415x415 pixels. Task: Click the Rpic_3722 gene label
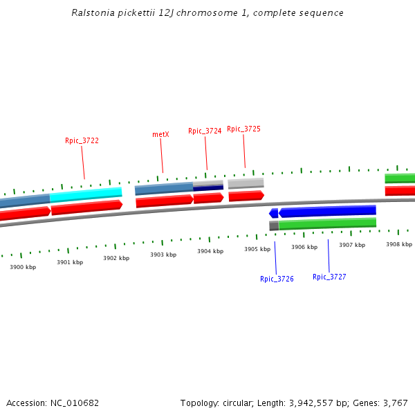[x=82, y=140]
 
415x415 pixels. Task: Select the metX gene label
[x=160, y=134]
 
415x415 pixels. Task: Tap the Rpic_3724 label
[x=205, y=131]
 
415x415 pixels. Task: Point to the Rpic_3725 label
[x=243, y=129]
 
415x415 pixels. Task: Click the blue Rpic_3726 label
[x=277, y=279]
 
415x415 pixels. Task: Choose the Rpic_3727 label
[x=329, y=277]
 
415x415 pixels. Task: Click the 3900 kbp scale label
[x=23, y=267]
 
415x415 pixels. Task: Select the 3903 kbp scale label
[x=163, y=255]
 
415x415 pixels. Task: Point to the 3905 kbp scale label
[x=257, y=249]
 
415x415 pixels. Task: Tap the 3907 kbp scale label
[x=351, y=245]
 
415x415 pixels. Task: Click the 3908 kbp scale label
[x=399, y=244]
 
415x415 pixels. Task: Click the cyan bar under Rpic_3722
[x=86, y=194]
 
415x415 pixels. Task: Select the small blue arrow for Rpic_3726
[x=274, y=214]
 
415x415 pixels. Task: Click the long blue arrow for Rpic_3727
[x=327, y=211]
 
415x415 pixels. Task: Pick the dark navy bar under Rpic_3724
[x=208, y=187]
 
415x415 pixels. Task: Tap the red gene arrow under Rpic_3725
[x=246, y=196]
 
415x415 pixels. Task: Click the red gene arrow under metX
[x=165, y=201]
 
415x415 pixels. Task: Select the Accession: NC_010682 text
[x=53, y=403]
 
